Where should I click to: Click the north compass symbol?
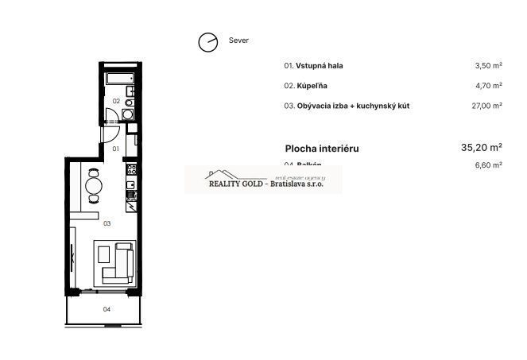click(x=208, y=42)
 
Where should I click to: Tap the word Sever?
click(x=238, y=41)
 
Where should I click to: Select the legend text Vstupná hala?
click(x=320, y=66)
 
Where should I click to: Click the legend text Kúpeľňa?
click(x=312, y=86)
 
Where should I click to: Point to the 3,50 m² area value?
click(x=487, y=66)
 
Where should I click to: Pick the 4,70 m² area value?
click(x=487, y=86)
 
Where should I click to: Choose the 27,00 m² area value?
click(x=486, y=106)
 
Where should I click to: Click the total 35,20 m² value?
click(x=481, y=147)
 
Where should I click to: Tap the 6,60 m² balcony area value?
click(x=487, y=165)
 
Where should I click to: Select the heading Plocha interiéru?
click(x=322, y=148)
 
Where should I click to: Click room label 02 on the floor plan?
click(x=116, y=101)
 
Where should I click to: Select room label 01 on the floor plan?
click(x=115, y=149)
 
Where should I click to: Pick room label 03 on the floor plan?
click(x=107, y=223)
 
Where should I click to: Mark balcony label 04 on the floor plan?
click(x=107, y=309)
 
